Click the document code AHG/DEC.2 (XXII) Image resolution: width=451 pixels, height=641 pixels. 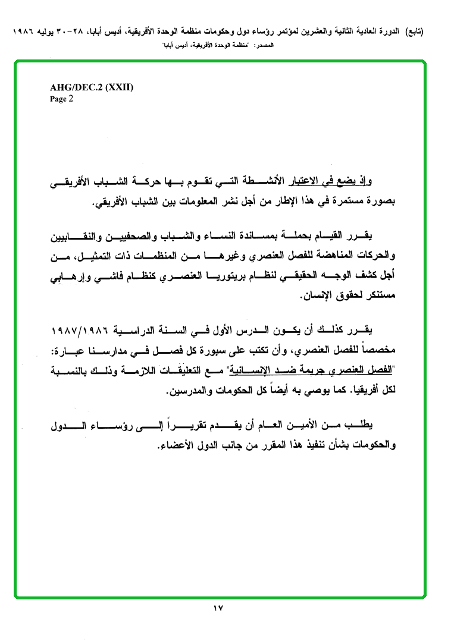pyautogui.click(x=92, y=87)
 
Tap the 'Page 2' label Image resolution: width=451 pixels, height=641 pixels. pyautogui.click(x=61, y=99)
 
